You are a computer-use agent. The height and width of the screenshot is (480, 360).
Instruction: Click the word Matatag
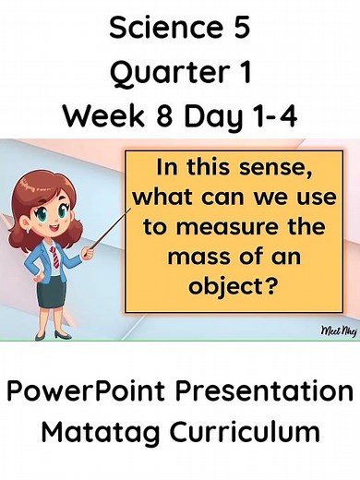[x=97, y=431]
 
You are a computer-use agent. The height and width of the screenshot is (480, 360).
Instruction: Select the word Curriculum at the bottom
[x=246, y=431]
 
